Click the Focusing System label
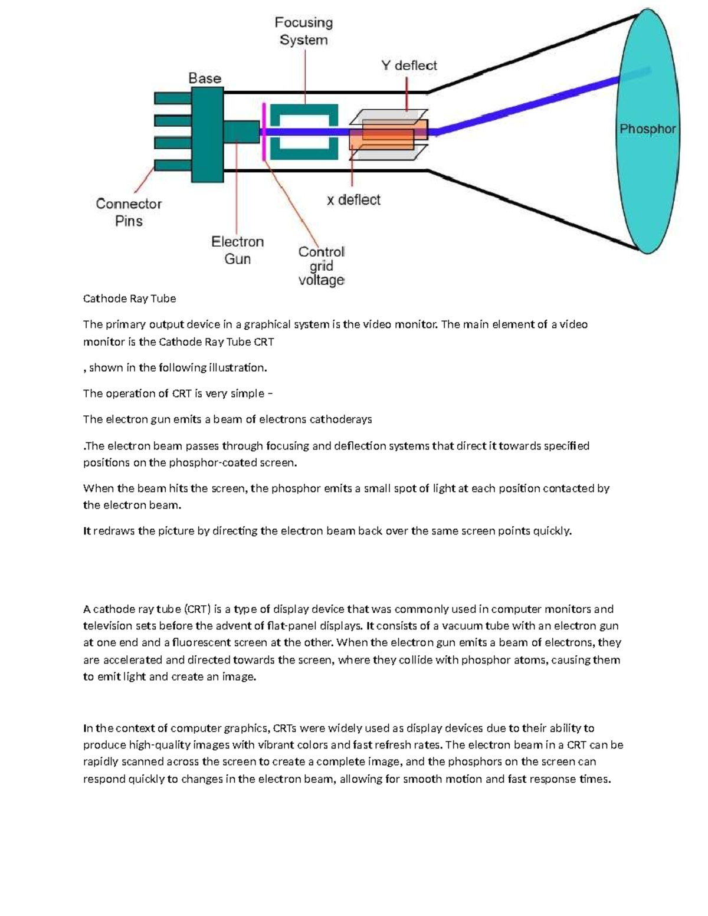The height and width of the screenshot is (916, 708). [x=304, y=31]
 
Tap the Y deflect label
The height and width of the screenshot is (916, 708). [x=409, y=65]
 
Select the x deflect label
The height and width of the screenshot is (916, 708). [x=353, y=200]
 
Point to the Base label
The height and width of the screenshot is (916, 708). [x=205, y=78]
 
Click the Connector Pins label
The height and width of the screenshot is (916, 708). [x=129, y=212]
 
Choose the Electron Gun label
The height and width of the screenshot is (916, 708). [x=238, y=250]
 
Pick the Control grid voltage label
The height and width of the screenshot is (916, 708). [x=321, y=266]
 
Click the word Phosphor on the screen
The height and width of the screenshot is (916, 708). [x=647, y=129]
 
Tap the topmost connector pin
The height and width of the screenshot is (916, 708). [x=172, y=97]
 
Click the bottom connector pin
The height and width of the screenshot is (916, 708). [x=172, y=163]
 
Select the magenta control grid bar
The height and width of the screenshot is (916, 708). [x=263, y=131]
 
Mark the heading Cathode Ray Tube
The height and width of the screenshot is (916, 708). [x=130, y=298]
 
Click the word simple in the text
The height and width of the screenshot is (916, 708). [x=247, y=393]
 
